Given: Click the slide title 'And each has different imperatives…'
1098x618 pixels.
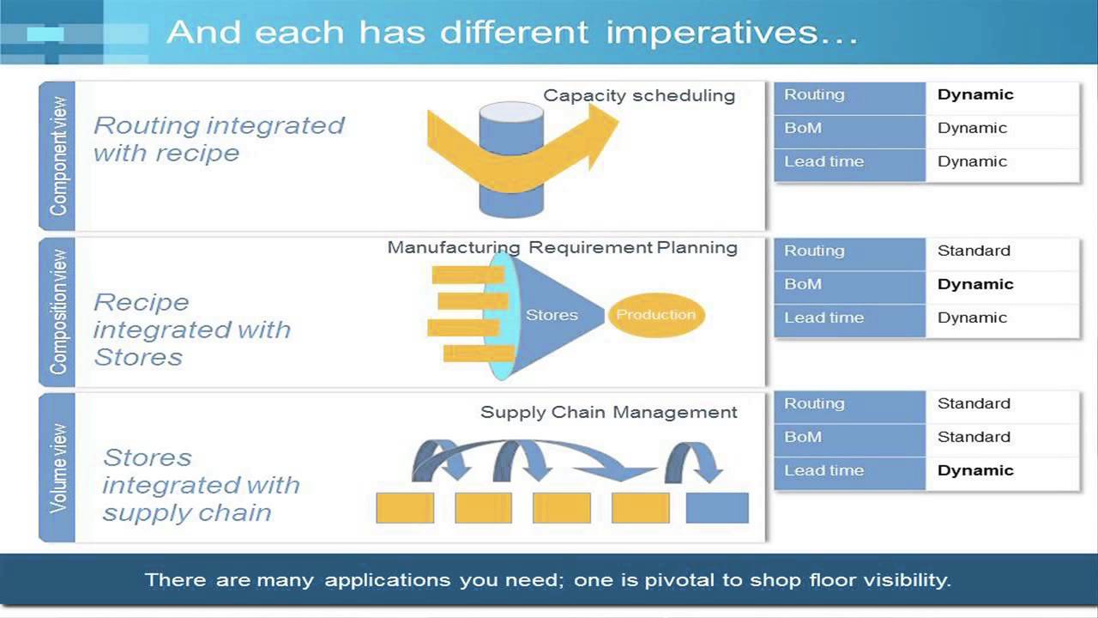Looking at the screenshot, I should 512,33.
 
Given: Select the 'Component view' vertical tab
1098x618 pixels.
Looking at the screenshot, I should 57,156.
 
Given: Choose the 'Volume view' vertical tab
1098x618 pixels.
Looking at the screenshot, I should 57,469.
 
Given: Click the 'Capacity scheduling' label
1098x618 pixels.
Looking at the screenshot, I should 639,95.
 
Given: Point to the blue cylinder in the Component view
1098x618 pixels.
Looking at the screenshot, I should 510,197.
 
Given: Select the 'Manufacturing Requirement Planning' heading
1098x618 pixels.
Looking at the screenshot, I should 562,247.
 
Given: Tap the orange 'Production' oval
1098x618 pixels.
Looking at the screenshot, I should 656,315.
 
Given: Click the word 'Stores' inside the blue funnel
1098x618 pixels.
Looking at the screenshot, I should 552,315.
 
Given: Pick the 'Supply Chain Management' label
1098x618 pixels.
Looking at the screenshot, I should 608,412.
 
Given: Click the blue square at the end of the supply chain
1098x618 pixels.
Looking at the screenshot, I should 717,508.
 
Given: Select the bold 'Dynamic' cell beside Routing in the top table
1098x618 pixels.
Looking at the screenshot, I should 975,94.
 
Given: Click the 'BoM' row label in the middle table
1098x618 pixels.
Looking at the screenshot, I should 803,284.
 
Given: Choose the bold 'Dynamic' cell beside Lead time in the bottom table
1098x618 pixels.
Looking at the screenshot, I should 975,470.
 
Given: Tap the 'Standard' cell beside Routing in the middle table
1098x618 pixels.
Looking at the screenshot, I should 974,251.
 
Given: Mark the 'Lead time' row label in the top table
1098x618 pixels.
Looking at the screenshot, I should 823,161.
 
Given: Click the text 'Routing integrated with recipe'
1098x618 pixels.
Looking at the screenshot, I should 218,139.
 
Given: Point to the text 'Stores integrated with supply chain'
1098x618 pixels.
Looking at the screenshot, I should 201,485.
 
